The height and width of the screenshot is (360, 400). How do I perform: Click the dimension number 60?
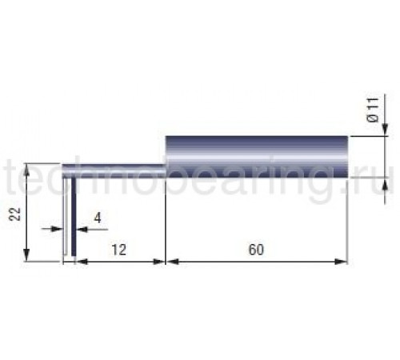coord(256,250)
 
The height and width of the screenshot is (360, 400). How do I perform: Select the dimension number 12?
coord(118,250)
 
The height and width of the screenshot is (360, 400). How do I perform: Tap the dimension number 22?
coord(15,214)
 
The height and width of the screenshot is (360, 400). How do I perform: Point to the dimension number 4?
coord(98,218)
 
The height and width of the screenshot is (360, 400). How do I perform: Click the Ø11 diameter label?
coord(373,110)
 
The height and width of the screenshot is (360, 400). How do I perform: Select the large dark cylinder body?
coord(257,157)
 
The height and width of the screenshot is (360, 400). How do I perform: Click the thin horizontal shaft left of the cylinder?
coord(114,171)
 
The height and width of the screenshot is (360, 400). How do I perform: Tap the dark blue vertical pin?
coord(74,217)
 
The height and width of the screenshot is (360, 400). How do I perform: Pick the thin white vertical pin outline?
coord(65,216)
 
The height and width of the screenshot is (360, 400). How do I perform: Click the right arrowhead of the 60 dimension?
coord(342,262)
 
